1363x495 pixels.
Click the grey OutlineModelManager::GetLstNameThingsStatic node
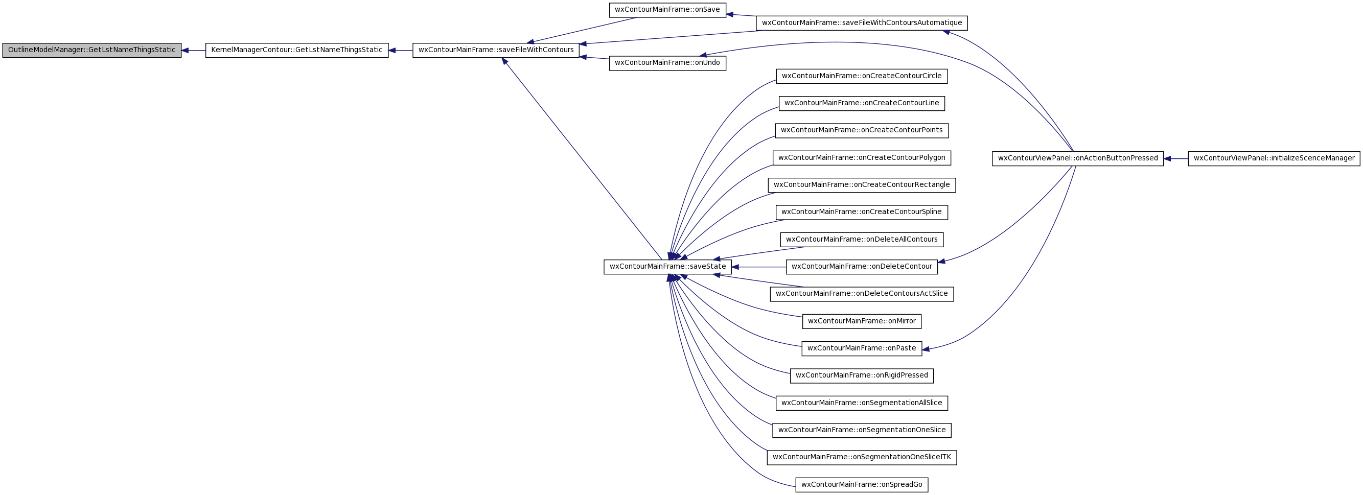pos(91,50)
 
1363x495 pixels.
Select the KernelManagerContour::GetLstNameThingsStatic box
pos(297,50)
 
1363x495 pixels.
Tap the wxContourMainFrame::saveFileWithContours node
pos(496,50)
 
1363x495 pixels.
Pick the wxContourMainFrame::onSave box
pos(667,10)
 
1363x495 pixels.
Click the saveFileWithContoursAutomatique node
pos(862,23)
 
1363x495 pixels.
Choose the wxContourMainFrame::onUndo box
pos(667,63)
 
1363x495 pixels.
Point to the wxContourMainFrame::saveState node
pos(667,267)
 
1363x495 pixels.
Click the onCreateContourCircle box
pos(862,76)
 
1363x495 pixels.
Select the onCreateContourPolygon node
pos(862,158)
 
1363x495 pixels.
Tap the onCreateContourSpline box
pos(862,212)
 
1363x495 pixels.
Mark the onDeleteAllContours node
pos(862,240)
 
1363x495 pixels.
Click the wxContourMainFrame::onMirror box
pos(862,321)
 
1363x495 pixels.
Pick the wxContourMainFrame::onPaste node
pos(862,348)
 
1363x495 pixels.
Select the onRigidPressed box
pos(862,375)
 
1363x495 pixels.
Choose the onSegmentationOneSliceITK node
pos(862,457)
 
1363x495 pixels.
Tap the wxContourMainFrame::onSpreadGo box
pos(862,484)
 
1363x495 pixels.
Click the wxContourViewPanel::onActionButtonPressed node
pos(1077,158)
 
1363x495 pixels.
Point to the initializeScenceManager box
pos(1274,158)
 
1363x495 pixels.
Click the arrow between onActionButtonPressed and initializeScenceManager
pos(1175,159)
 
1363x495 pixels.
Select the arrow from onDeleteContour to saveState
pos(759,267)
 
